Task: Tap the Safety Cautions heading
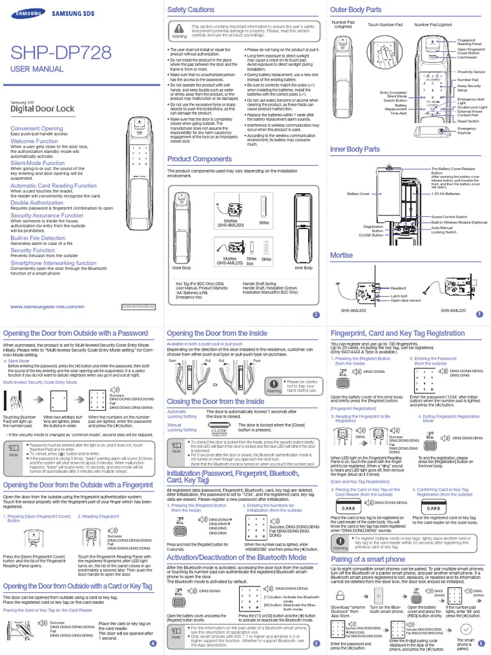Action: click(191, 11)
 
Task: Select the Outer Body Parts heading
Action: click(355, 10)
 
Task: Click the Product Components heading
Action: click(199, 159)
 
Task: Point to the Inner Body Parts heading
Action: click(354, 149)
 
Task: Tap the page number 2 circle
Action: click(315, 315)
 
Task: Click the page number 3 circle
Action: click(479, 315)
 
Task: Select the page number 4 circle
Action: click(152, 643)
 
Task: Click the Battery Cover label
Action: click(359, 193)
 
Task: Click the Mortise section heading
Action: click(341, 255)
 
